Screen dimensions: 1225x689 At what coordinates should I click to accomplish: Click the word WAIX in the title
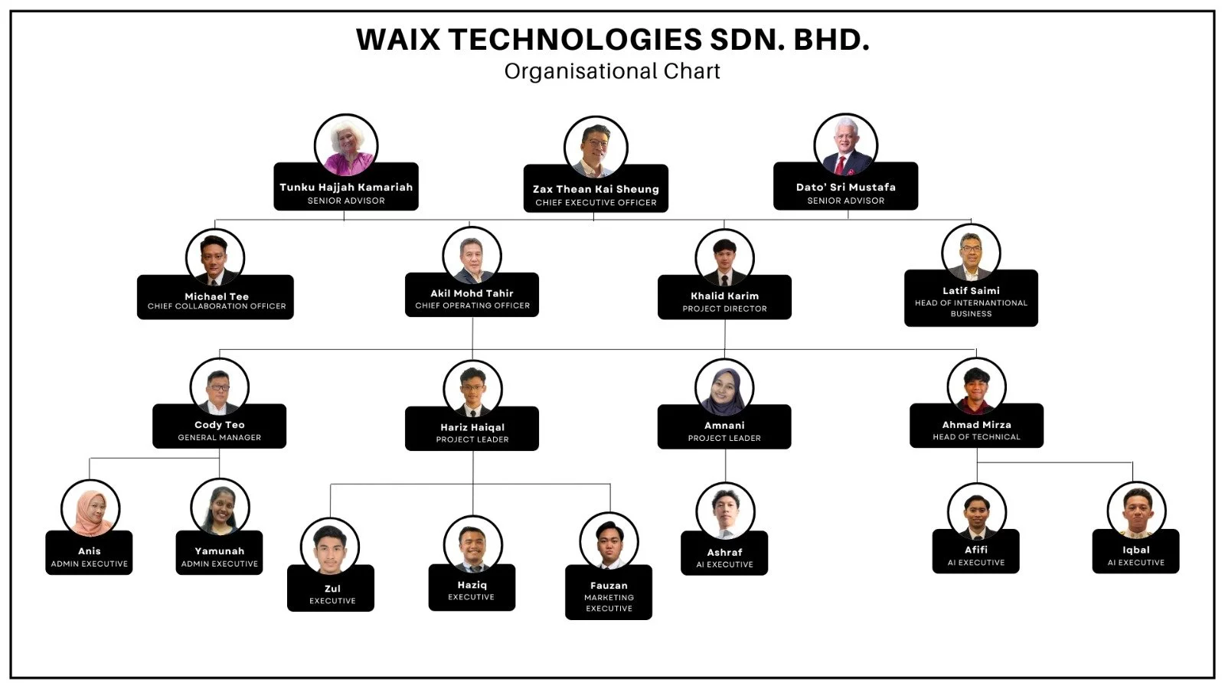point(398,40)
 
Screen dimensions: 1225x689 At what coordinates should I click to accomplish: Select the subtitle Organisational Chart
point(612,71)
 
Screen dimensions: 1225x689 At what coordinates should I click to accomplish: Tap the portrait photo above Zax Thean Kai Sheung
point(596,147)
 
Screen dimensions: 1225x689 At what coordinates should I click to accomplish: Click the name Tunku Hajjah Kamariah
point(346,187)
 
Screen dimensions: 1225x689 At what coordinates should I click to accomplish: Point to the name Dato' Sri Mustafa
point(845,187)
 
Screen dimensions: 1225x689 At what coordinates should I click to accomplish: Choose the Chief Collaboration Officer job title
point(217,306)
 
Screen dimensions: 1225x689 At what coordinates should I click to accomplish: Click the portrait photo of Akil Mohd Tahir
point(472,257)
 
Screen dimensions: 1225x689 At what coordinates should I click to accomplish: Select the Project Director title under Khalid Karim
point(724,309)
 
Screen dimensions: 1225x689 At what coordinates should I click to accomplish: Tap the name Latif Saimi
point(971,291)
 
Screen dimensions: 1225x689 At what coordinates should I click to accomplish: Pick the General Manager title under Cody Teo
point(220,438)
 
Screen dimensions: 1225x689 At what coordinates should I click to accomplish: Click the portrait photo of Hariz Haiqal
point(472,389)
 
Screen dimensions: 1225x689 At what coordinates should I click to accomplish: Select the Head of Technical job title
point(976,437)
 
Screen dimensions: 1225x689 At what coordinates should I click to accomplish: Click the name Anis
point(89,551)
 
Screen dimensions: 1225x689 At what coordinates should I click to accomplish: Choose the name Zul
point(332,589)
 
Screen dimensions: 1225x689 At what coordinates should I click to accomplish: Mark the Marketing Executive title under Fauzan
point(609,603)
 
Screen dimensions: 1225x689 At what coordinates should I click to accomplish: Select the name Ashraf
point(724,552)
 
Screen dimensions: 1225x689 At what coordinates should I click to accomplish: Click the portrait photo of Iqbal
point(1136,511)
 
